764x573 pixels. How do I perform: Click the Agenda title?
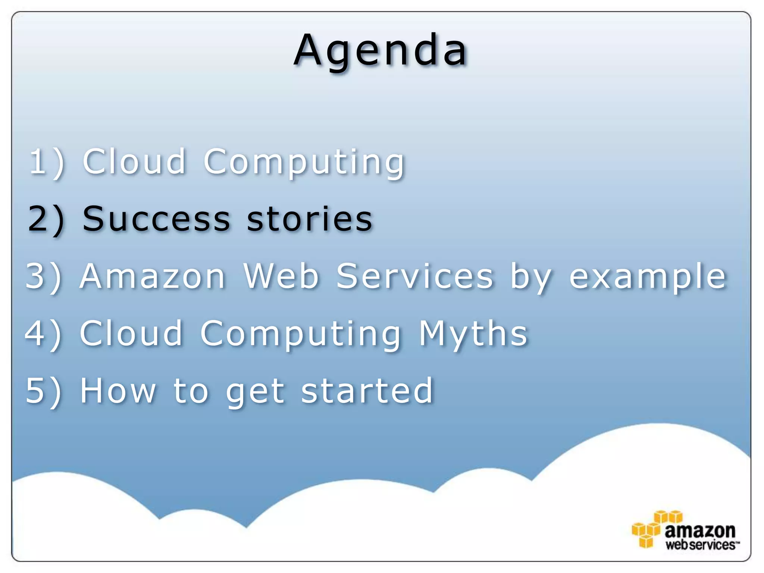pos(381,50)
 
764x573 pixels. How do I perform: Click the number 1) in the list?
pos(47,162)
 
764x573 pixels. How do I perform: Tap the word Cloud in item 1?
pos(134,161)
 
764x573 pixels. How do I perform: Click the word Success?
pos(156,219)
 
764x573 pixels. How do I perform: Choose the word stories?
pos(309,219)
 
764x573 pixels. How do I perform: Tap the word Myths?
pos(473,334)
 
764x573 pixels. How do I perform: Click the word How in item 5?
pos(118,391)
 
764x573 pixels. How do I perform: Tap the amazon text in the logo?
pos(700,530)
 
